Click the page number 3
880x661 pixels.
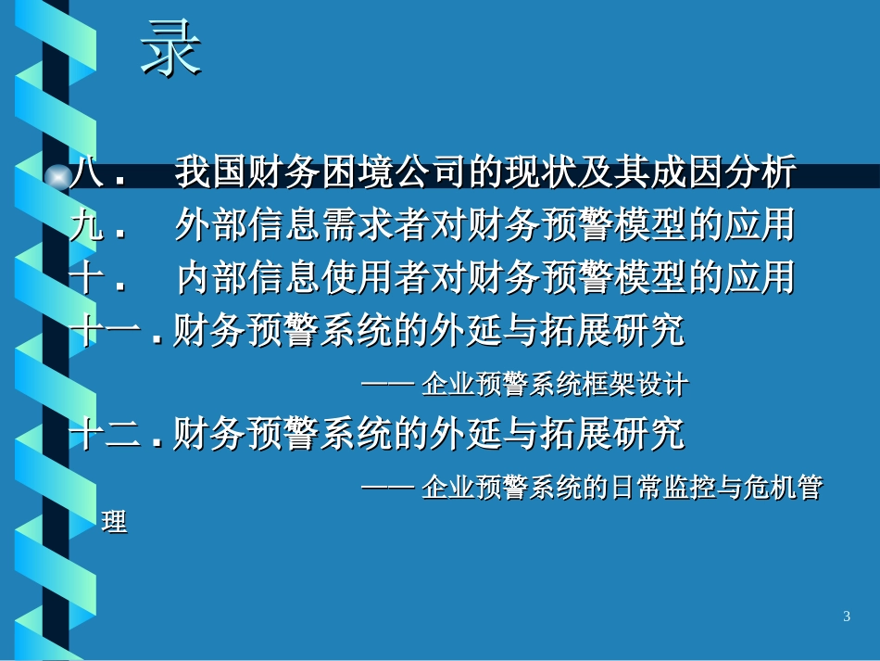(847, 617)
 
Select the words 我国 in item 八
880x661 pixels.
(207, 173)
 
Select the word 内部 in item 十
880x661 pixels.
(207, 276)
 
